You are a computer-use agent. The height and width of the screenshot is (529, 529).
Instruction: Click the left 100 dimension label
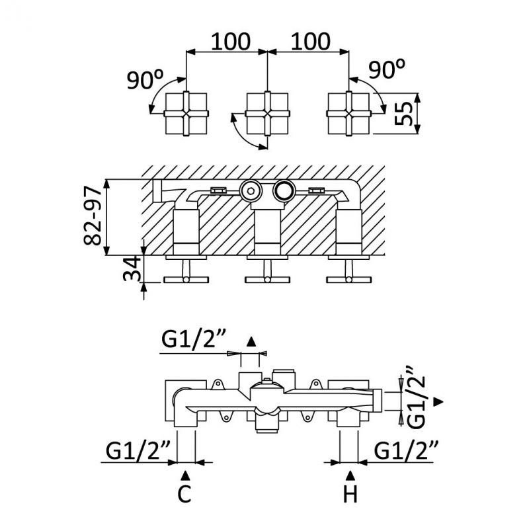tap(231, 41)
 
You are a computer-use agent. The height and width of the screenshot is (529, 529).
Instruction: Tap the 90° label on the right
tap(388, 69)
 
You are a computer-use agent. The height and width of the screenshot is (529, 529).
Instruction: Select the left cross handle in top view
tap(186, 113)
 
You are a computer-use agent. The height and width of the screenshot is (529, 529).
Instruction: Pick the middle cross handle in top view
tap(266, 113)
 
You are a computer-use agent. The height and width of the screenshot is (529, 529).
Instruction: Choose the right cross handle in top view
tap(348, 113)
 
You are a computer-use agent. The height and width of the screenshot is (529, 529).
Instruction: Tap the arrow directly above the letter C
tap(186, 474)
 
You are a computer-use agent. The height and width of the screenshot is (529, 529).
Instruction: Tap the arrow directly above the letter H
tap(350, 474)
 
